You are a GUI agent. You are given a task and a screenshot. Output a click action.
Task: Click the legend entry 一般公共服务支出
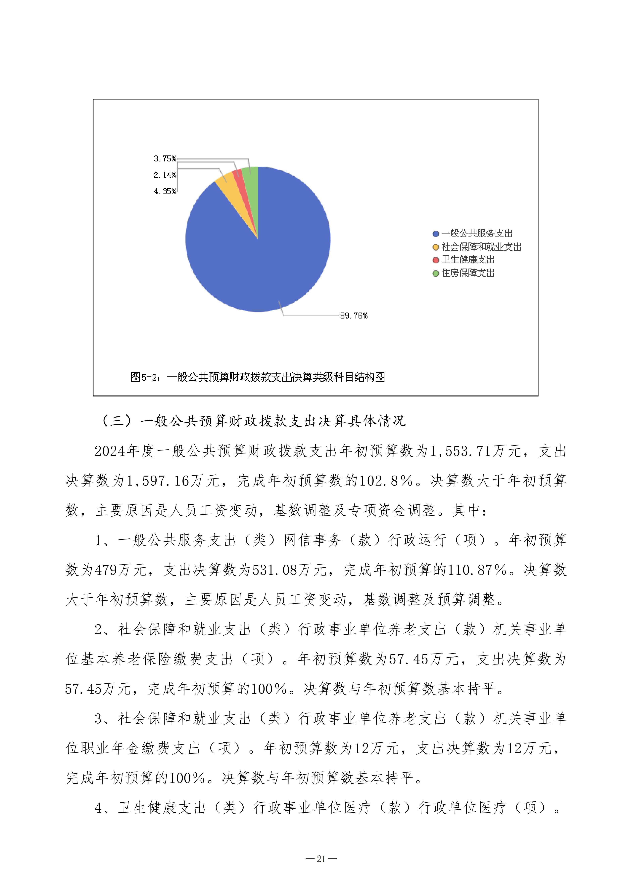tap(476, 234)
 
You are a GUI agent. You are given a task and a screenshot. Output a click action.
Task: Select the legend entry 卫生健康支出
tap(467, 260)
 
